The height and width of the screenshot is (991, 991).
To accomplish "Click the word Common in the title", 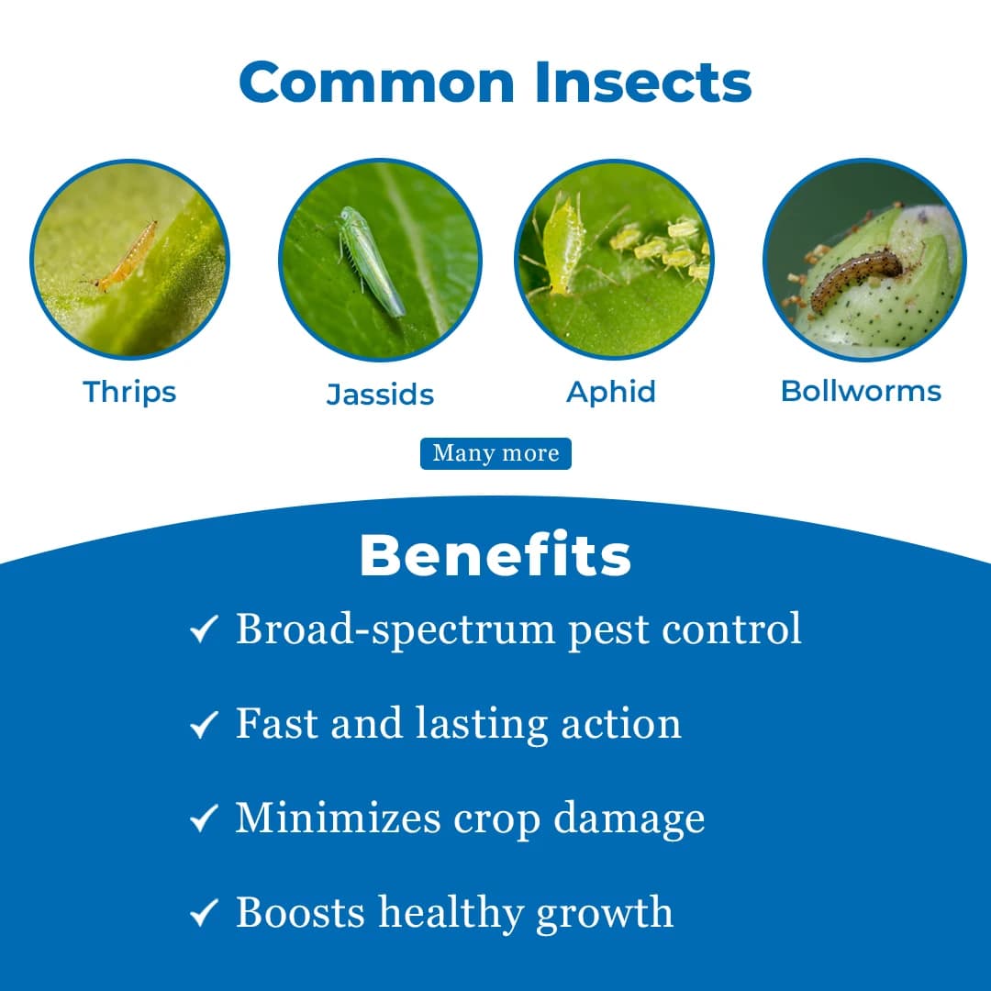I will click(377, 82).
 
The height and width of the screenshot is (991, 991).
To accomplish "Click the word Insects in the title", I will click(643, 82).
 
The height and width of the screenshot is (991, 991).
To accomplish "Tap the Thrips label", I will click(129, 392).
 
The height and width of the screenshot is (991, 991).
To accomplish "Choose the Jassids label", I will click(380, 395).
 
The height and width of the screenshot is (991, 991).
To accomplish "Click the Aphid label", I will click(611, 392).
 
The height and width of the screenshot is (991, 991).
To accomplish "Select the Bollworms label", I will click(861, 391).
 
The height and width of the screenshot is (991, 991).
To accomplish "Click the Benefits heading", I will click(495, 555).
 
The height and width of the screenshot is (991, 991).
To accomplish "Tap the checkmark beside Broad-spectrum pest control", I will click(203, 630).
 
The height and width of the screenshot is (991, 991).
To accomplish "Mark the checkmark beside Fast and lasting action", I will click(203, 725).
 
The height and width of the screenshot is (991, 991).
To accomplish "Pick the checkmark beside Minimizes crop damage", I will click(203, 818).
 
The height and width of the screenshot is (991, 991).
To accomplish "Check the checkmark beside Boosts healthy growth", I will click(203, 914).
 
